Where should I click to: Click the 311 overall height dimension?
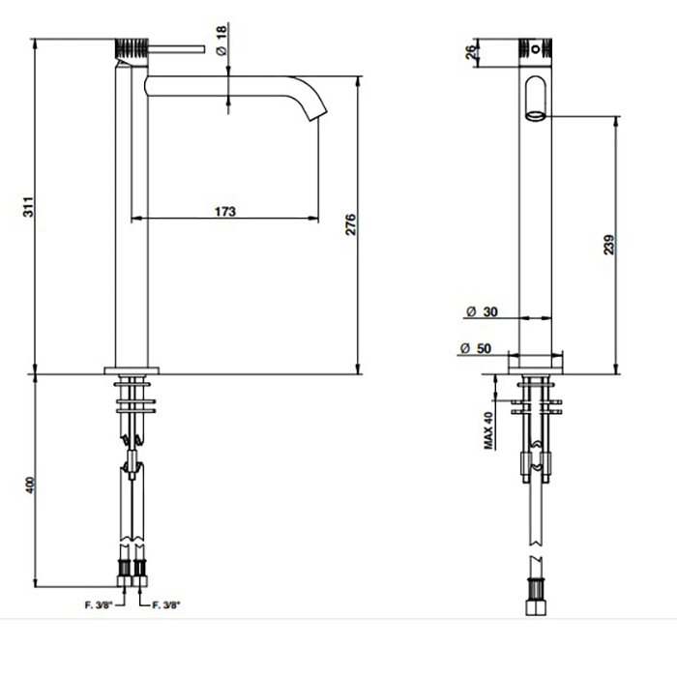[x=28, y=207]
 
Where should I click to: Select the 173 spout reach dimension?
[x=225, y=212]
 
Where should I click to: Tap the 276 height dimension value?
[x=350, y=224]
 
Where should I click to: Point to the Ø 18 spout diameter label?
[x=221, y=41]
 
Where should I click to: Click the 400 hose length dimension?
[x=29, y=486]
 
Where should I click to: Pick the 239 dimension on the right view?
[x=608, y=245]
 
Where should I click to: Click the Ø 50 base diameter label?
[x=476, y=348]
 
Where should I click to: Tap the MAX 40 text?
[x=487, y=430]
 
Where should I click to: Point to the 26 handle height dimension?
[x=472, y=52]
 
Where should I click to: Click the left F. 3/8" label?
[x=99, y=605]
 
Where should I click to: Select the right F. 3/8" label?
[x=166, y=605]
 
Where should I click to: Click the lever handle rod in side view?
[x=176, y=48]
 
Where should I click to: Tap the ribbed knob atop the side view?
[x=132, y=49]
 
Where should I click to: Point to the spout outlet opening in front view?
[x=536, y=116]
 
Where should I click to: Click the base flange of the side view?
[x=132, y=370]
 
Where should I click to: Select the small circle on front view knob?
[x=536, y=48]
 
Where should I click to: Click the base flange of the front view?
[x=536, y=365]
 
